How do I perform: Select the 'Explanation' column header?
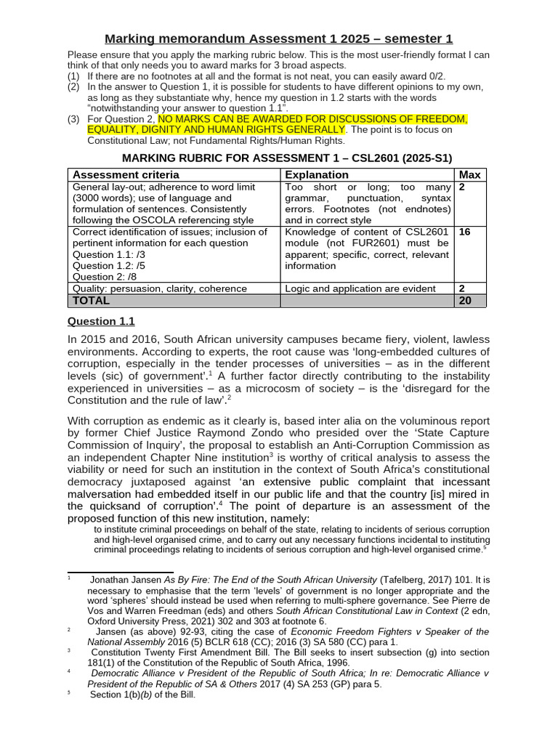(x=317, y=175)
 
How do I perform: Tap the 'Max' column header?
(x=470, y=175)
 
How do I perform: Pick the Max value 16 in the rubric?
(x=466, y=232)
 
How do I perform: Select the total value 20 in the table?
(x=466, y=300)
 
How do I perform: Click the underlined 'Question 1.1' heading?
(x=101, y=321)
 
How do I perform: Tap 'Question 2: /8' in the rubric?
(x=104, y=277)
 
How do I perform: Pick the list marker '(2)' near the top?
(x=73, y=86)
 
